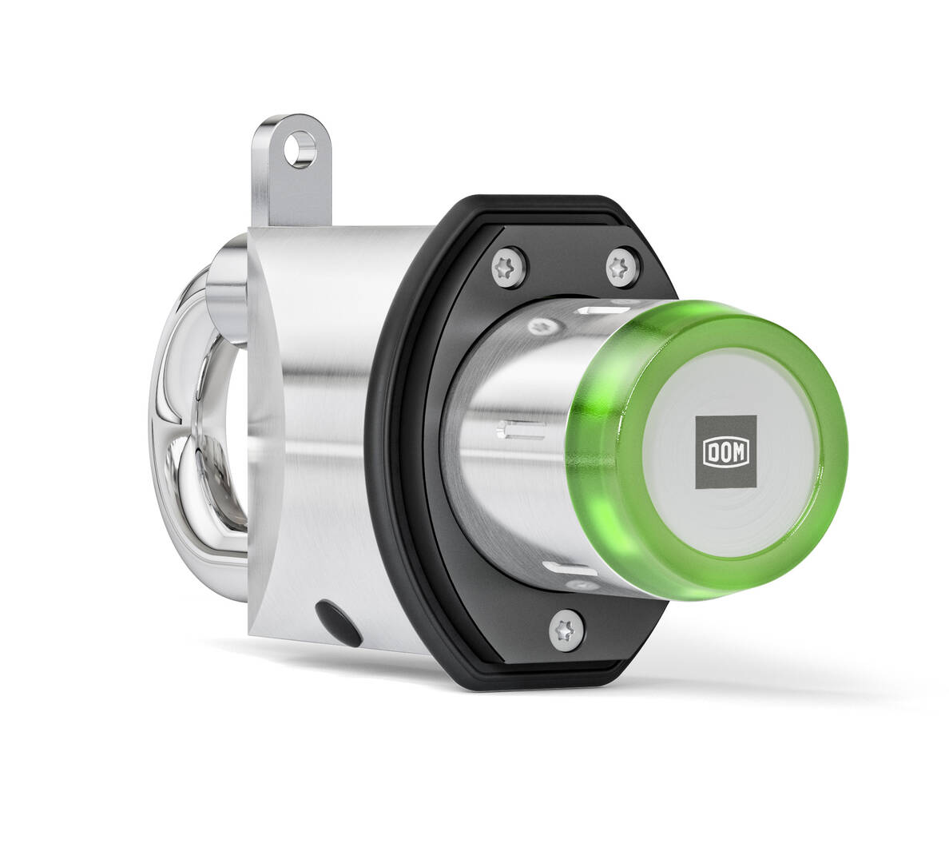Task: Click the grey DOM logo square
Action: click(725, 451)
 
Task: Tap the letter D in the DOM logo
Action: click(710, 452)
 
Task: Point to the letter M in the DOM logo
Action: click(741, 452)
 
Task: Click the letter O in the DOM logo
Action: click(725, 452)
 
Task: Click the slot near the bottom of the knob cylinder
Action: click(569, 569)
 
